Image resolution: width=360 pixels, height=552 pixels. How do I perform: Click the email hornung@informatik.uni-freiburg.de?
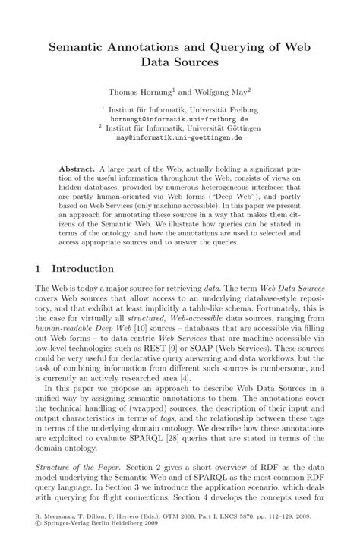pyautogui.click(x=179, y=119)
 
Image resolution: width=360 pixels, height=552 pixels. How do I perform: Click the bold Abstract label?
pyautogui.click(x=76, y=166)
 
